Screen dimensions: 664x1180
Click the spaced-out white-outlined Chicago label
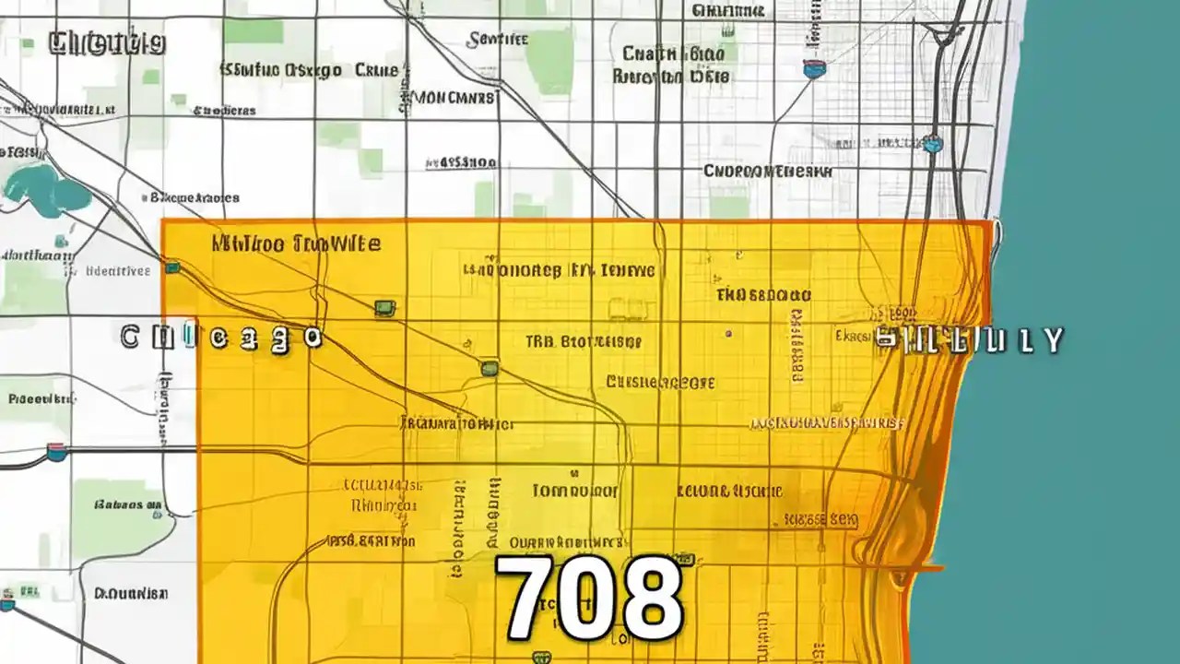[221, 338]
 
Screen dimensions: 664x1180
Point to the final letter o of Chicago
[313, 338]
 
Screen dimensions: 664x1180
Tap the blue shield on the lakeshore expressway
[933, 143]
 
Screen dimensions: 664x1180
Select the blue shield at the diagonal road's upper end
[814, 68]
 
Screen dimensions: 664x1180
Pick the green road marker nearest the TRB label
[490, 368]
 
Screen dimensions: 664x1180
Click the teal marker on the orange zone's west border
[171, 267]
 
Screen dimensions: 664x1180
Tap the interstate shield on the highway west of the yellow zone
[57, 452]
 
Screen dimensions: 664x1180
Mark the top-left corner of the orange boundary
[163, 221]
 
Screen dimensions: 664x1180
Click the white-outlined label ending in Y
[968, 340]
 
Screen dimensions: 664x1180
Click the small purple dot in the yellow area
[728, 333]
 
